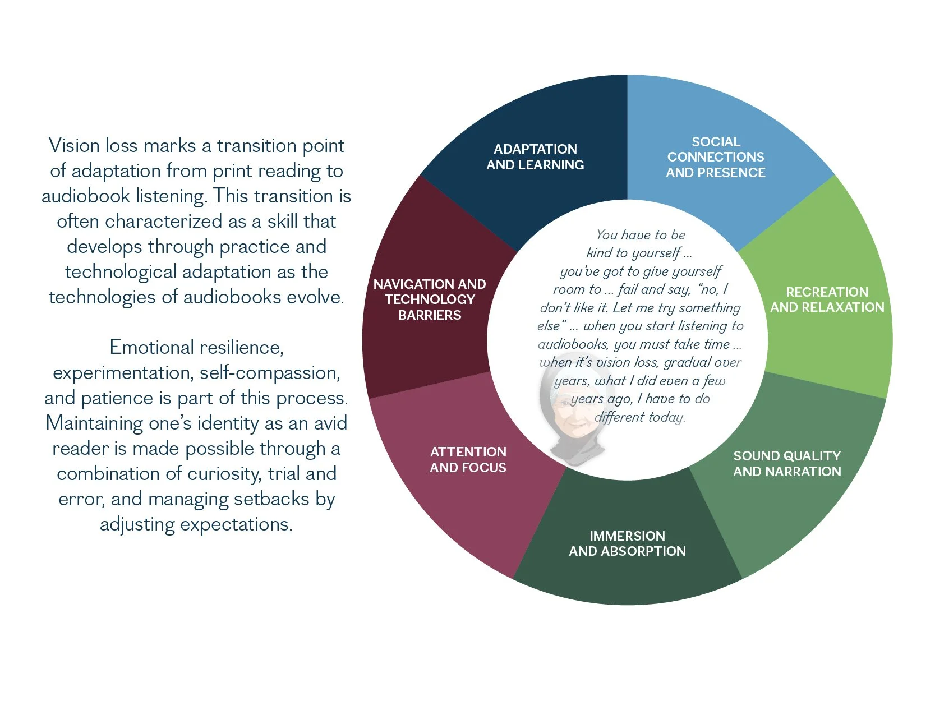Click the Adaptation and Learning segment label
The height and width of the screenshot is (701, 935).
(x=535, y=157)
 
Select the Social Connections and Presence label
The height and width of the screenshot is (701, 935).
(x=716, y=157)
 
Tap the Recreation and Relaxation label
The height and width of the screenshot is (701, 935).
(x=827, y=299)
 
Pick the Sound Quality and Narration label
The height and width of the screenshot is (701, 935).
(x=787, y=464)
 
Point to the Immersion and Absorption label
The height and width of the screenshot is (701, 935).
(x=627, y=543)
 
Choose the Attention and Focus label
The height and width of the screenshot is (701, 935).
(x=468, y=460)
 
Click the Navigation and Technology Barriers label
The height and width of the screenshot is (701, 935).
(x=430, y=299)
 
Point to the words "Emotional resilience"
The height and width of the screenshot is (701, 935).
(x=196, y=348)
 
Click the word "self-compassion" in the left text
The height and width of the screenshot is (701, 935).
(x=270, y=373)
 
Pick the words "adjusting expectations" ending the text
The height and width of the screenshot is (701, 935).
(x=196, y=524)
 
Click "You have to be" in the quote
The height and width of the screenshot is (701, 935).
(x=641, y=235)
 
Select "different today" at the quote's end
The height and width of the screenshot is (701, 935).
(x=639, y=417)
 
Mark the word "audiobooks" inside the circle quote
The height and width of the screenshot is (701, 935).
(x=573, y=344)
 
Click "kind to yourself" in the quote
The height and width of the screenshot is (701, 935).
(x=634, y=253)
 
